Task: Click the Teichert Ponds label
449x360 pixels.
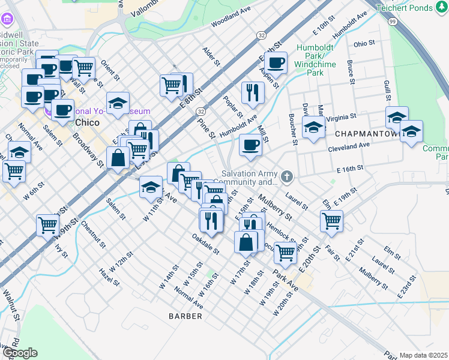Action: pos(412,8)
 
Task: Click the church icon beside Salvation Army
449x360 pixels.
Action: pos(287,176)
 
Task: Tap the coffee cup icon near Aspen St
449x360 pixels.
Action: pos(276,62)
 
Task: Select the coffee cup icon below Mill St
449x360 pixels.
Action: pos(250,145)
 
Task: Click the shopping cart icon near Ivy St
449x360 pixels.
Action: pos(47,226)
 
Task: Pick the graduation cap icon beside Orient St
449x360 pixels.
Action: pos(118,103)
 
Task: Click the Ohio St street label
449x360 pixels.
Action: pos(364,44)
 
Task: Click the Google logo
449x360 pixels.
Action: pos(19,353)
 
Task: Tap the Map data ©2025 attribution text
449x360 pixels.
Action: pos(424,355)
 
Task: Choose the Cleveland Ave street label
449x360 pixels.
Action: pos(348,146)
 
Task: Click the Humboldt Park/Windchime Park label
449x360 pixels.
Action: pos(315,61)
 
